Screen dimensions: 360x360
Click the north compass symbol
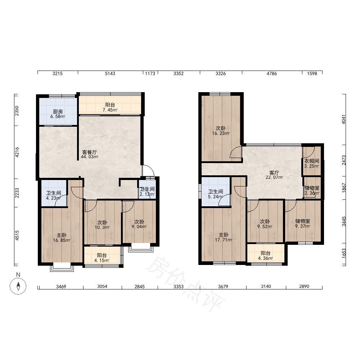18,286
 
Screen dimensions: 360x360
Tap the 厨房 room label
58,112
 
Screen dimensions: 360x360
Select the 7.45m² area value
110,110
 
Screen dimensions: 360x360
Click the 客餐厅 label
90,152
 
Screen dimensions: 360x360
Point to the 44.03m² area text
90,157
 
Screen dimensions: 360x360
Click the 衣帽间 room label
311,161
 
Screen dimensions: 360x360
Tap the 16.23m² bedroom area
221,134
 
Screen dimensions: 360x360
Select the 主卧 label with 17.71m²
224,235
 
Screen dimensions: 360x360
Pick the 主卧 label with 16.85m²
62,235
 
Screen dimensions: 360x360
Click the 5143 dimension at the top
110,73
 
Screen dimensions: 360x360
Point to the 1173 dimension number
150,73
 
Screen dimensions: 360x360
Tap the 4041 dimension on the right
344,120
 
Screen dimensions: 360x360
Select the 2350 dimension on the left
17,111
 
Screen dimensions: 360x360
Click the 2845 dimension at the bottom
140,287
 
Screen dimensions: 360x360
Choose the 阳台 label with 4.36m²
265,253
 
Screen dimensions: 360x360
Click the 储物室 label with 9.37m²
303,221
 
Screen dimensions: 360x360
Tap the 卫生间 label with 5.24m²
216,192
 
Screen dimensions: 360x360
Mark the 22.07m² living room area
274,177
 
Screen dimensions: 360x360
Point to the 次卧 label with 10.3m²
102,222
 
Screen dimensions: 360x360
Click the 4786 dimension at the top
271,73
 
